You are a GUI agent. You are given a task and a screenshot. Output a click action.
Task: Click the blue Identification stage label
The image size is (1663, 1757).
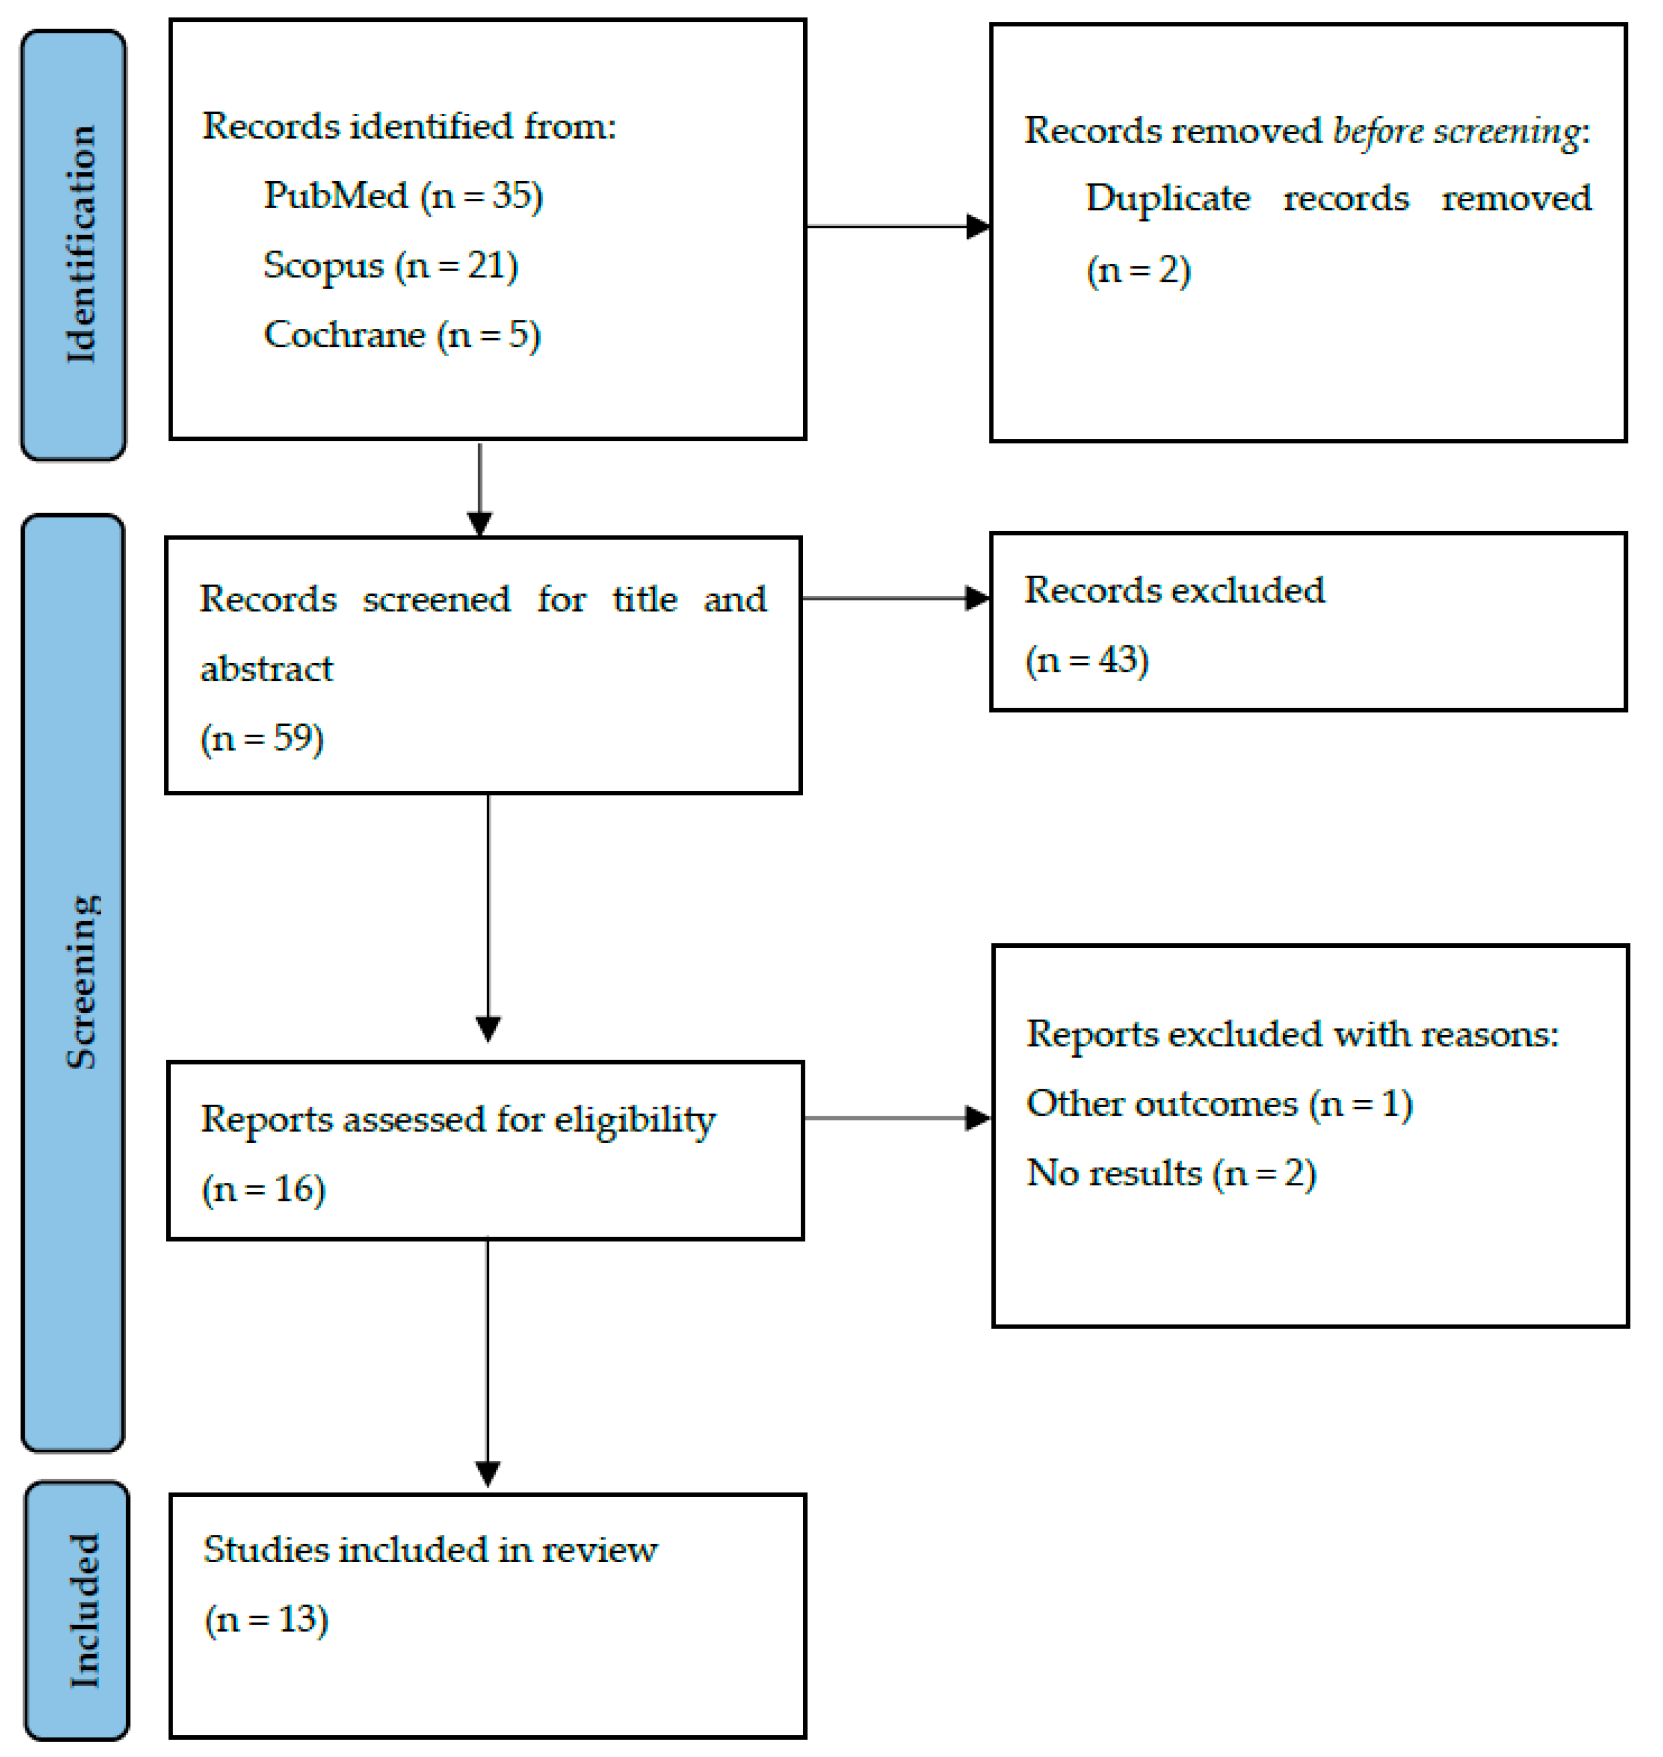(x=74, y=244)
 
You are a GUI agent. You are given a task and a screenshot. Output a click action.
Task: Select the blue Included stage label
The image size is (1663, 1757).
(x=77, y=1609)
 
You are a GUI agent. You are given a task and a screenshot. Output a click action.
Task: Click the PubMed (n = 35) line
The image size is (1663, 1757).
(x=403, y=196)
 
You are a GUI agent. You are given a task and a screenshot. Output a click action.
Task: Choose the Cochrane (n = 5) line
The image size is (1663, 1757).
(x=402, y=335)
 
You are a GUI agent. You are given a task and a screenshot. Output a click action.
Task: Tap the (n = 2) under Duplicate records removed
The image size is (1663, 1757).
(x=1138, y=270)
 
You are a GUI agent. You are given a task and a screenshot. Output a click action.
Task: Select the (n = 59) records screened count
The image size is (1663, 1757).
(x=262, y=738)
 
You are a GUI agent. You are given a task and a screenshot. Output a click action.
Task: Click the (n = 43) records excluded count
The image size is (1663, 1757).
(x=1087, y=660)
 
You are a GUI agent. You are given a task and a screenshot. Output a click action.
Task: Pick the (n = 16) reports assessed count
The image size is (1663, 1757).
(x=263, y=1189)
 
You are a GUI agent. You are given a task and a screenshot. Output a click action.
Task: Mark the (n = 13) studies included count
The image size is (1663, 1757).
(x=266, y=1620)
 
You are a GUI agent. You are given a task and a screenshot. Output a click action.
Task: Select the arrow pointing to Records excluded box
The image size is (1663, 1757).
(x=895, y=598)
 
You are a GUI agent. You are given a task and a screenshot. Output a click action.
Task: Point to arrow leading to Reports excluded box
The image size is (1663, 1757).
(x=897, y=1118)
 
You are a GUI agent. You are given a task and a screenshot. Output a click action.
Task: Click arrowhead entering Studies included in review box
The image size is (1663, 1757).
(x=488, y=1474)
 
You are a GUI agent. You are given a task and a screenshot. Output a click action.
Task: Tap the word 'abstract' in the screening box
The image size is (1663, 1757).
(x=266, y=669)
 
